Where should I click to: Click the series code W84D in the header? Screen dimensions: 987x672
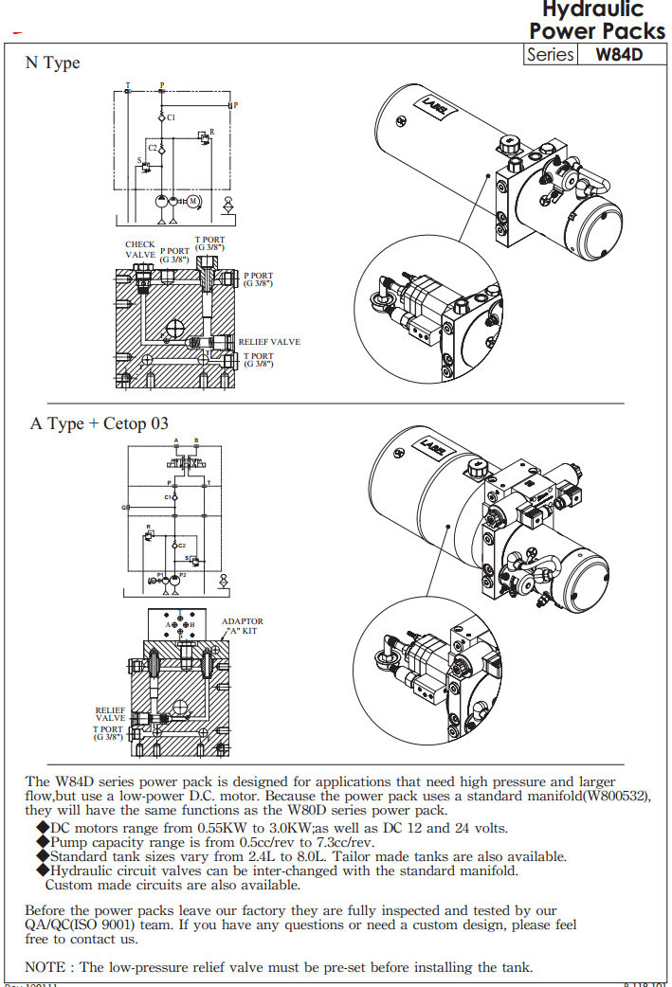pos(619,55)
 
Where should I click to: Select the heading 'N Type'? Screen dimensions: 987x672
pos(52,63)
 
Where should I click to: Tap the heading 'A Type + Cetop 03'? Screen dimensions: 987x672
pos(99,423)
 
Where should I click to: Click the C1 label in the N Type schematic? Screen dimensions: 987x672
pos(171,117)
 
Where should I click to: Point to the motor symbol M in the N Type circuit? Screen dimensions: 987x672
pos(192,201)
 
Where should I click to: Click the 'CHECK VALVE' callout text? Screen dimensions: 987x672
pos(140,250)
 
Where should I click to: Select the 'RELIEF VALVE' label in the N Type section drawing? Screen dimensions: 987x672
pos(269,342)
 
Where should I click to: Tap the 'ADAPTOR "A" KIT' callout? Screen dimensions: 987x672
pos(242,626)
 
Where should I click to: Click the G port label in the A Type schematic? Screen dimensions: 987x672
pos(123,508)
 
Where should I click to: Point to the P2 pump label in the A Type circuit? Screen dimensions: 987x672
pos(183,575)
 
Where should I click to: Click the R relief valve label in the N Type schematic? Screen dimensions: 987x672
pos(211,131)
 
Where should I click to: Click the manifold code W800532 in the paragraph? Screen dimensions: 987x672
pos(614,797)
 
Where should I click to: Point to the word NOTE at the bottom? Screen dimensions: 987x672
pos(45,967)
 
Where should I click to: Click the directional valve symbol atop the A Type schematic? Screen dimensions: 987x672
pos(186,461)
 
